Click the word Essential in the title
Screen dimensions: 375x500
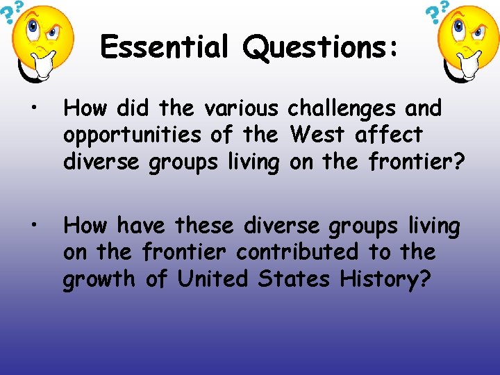165,47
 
